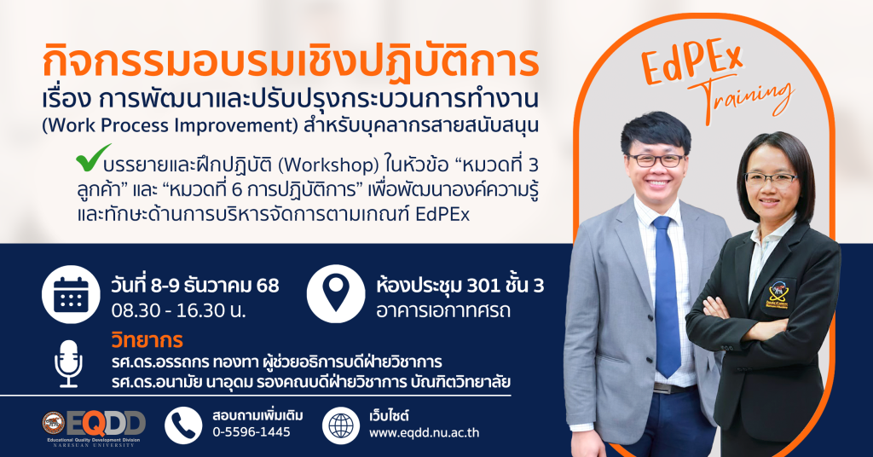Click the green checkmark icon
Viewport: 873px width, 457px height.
93,158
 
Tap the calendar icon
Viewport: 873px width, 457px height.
71,294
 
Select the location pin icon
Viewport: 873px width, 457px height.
336,294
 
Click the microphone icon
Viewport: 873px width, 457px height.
68,364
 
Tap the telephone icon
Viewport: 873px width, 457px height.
184,425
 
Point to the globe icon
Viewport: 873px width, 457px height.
341,425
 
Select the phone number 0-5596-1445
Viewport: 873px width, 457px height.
251,432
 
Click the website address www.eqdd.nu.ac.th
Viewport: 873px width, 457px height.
425,432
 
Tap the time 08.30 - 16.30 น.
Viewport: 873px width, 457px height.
179,310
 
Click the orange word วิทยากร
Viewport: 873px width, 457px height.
147,339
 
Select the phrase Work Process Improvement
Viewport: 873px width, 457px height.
171,125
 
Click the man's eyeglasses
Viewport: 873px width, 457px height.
656,159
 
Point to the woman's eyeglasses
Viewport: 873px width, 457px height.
772,179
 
